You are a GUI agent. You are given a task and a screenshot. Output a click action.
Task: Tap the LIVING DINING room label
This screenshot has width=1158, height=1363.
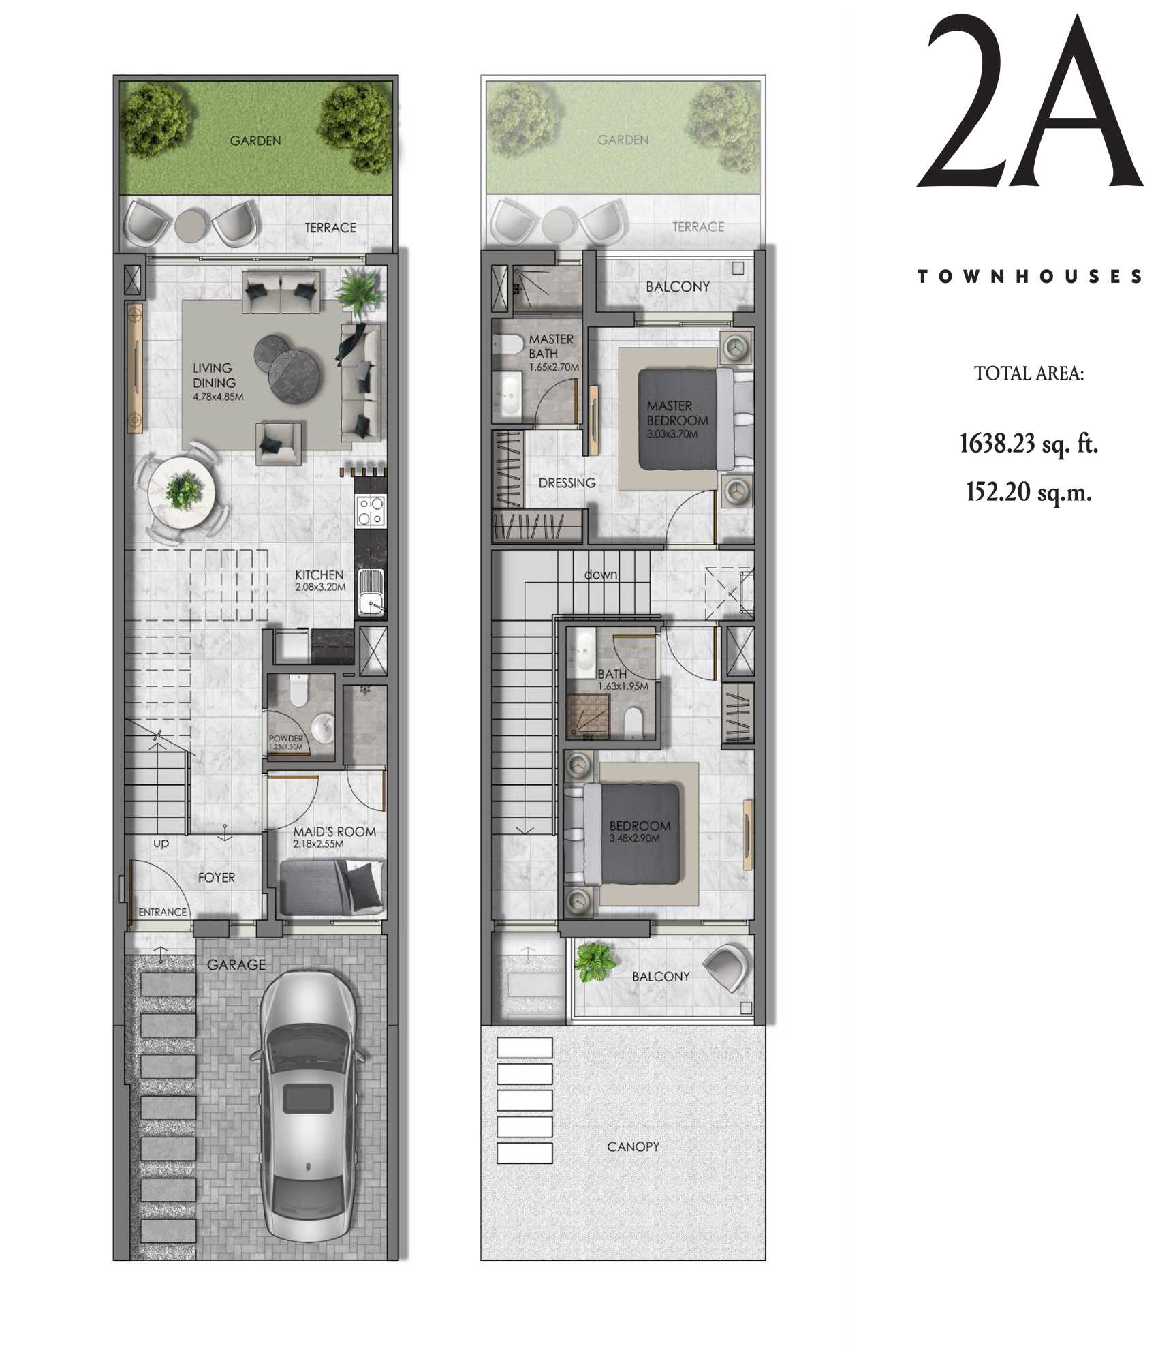pos(214,376)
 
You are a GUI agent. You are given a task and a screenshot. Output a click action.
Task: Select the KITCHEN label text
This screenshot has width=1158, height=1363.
pos(319,575)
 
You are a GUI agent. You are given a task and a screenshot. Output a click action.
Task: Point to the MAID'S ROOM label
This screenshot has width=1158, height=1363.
pos(334,831)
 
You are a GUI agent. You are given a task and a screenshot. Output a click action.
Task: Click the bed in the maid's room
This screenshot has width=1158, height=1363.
pos(332,887)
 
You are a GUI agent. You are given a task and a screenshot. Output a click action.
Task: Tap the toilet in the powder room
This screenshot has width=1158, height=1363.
pos(298,690)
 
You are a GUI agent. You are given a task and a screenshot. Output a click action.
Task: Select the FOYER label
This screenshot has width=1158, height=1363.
pos(217,878)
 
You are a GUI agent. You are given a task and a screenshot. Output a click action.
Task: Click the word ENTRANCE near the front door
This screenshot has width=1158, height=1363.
pos(162,912)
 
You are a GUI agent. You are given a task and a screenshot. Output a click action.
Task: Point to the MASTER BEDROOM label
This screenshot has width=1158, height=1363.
pos(677,413)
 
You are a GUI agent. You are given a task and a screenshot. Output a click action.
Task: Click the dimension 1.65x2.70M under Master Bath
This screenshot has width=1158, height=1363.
pos(554,367)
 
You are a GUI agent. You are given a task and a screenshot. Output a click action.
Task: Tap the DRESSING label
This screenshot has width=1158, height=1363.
pos(567,483)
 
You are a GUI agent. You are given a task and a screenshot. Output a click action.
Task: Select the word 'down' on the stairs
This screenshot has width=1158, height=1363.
pos(601,575)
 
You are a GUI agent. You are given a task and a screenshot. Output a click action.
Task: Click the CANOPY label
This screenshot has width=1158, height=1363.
pos(633,1147)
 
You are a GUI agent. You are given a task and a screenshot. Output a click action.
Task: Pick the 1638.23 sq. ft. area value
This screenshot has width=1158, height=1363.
pos(1029,444)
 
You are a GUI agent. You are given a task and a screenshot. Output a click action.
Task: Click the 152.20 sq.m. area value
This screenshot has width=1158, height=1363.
pos(1029,491)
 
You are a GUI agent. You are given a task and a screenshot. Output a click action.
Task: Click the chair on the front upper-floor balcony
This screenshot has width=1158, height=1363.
pos(726,966)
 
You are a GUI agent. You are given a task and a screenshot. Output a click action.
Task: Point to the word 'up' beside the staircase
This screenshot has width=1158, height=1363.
pos(161,843)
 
